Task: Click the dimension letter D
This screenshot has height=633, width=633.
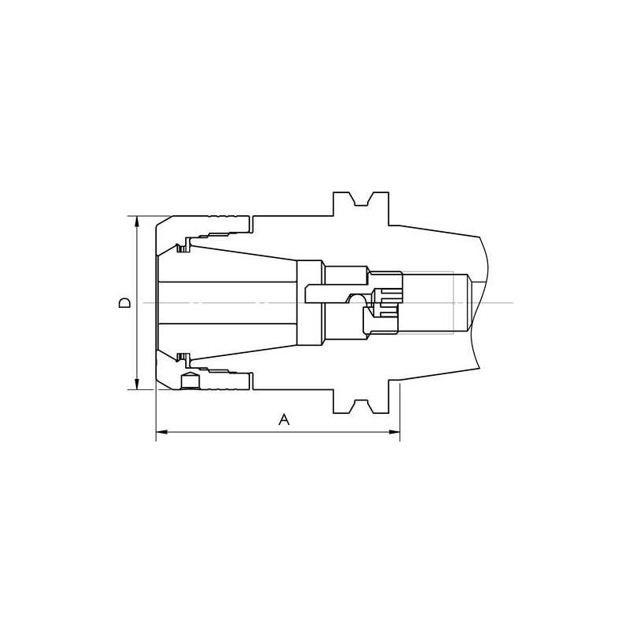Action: pos(124,302)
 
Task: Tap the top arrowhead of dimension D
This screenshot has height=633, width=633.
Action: pos(137,221)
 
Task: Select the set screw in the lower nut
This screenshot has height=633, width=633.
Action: pos(190,381)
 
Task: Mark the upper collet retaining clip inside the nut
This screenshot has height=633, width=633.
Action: pos(184,248)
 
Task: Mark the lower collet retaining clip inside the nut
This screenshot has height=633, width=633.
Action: pos(184,358)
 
